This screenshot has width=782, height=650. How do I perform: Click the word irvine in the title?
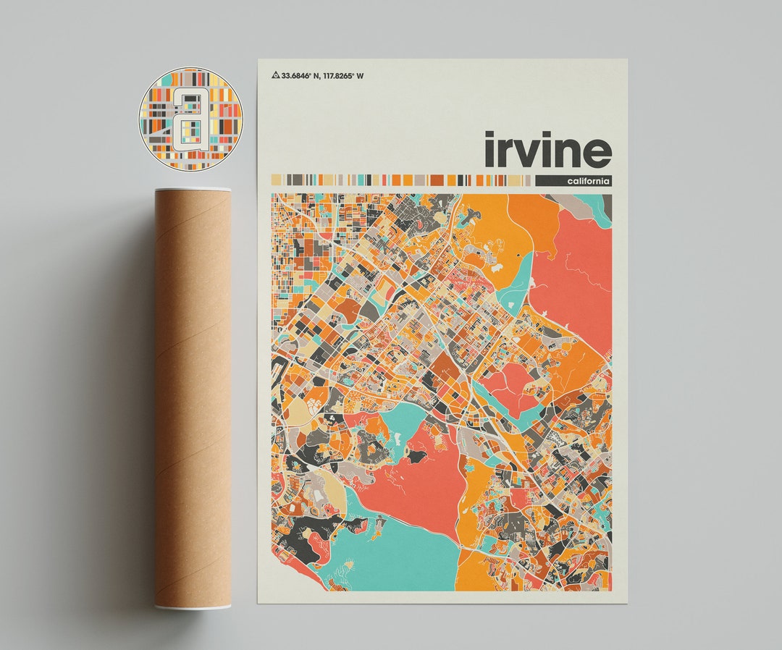click(548, 150)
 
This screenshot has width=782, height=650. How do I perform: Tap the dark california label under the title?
click(574, 180)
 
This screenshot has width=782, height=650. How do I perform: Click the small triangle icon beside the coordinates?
click(275, 75)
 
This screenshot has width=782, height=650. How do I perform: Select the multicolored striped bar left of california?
click(401, 180)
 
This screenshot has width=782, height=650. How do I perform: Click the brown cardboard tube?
click(193, 398)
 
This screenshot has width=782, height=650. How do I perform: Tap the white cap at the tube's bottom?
click(193, 605)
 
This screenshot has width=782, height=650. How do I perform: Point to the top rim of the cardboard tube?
click(193, 190)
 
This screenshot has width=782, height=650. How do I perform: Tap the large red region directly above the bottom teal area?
click(420, 478)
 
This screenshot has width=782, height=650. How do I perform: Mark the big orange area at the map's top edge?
click(492, 224)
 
